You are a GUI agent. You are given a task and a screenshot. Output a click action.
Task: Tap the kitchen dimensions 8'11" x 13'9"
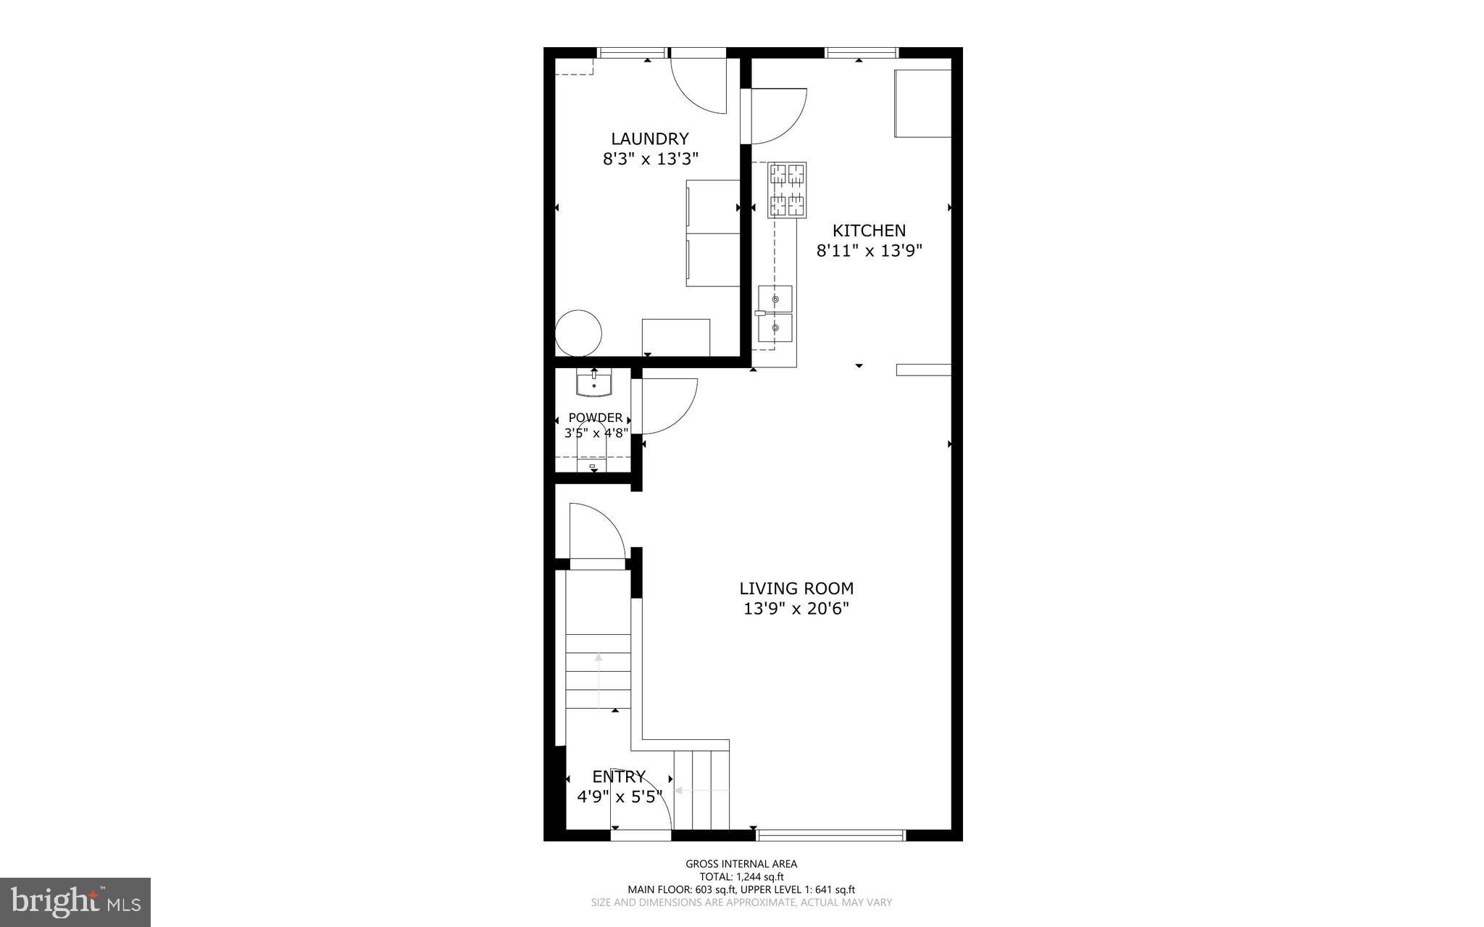[x=869, y=251]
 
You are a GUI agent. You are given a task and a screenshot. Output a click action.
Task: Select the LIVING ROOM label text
[x=796, y=589]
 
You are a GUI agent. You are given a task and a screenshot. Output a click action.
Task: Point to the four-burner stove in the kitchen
[x=787, y=190]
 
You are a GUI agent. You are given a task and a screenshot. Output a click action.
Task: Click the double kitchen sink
[x=775, y=314]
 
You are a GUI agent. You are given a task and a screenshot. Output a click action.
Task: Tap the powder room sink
[x=594, y=383]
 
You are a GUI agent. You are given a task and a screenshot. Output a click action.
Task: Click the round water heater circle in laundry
[x=578, y=333]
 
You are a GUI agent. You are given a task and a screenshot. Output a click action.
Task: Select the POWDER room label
[x=595, y=417]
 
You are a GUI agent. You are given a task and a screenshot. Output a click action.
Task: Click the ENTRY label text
[x=618, y=777]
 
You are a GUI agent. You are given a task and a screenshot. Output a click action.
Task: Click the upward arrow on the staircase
[x=599, y=678]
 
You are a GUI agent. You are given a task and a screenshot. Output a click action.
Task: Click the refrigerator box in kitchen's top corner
[x=922, y=103]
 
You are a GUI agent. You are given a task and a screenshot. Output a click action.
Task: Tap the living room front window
[x=830, y=835]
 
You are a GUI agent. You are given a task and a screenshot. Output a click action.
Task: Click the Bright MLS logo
[x=75, y=902]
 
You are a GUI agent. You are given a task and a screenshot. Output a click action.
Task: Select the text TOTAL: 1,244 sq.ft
[x=741, y=876]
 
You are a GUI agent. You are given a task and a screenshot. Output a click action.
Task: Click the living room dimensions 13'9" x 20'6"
[x=796, y=609]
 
